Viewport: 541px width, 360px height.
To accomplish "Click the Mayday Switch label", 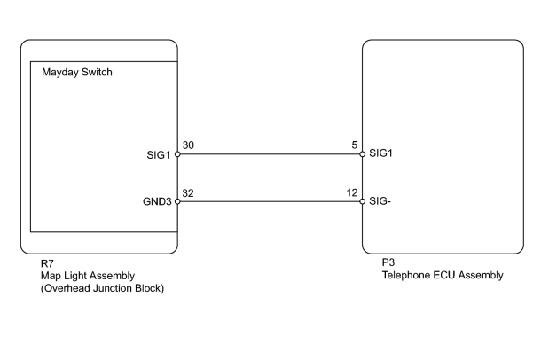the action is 77,72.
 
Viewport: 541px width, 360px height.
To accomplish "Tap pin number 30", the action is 188,145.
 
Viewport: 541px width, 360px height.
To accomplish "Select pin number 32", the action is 188,193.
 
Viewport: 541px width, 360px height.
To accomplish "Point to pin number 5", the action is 355,145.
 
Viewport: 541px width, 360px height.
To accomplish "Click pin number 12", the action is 352,192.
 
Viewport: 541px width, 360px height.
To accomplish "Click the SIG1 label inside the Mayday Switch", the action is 159,155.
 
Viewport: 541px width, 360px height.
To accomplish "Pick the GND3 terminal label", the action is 157,201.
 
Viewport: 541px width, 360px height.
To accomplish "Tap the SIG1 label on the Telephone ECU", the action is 380,153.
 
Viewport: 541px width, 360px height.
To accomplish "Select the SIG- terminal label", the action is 380,201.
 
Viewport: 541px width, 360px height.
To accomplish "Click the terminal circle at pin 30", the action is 177,154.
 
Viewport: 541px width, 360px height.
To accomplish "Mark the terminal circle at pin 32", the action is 177,201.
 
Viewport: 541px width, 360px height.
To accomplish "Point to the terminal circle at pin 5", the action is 362,154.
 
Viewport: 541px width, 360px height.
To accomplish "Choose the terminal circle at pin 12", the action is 362,201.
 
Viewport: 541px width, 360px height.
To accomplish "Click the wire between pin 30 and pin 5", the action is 270,154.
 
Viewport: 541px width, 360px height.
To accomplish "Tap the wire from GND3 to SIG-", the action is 270,201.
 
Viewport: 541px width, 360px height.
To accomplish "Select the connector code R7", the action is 47,264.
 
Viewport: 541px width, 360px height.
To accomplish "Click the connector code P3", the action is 388,262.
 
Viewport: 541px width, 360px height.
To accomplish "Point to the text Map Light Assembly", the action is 88,276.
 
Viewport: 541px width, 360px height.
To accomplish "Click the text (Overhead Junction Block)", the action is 102,288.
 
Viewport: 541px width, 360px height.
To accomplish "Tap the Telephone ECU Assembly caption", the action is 443,275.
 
